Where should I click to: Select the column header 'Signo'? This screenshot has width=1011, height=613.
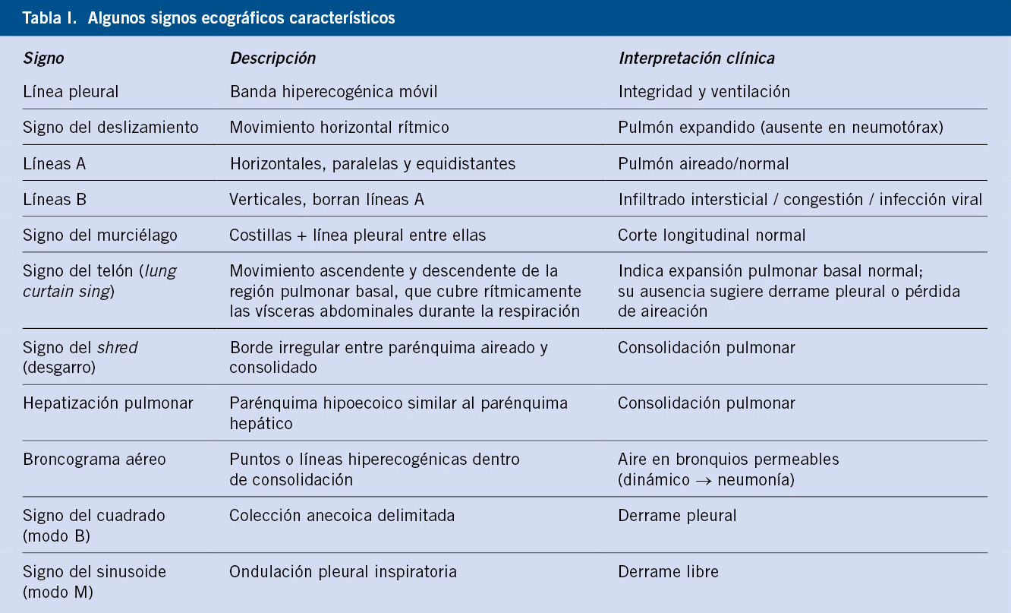(x=43, y=58)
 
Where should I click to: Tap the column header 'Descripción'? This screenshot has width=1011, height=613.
(x=272, y=58)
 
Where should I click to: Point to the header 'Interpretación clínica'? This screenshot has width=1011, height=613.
(x=696, y=58)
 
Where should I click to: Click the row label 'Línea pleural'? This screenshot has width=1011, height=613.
(x=71, y=92)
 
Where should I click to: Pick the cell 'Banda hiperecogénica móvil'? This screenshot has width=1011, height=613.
(x=333, y=92)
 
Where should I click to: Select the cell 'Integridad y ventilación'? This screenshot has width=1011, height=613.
(x=704, y=92)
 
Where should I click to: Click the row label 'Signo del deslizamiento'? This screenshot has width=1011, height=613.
(x=111, y=128)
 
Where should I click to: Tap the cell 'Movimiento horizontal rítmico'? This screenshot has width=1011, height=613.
(x=339, y=128)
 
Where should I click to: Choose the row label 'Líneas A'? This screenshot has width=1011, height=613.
(x=54, y=163)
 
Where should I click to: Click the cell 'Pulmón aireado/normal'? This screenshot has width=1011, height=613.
(x=704, y=163)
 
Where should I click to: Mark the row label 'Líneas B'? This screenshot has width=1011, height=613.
(x=55, y=199)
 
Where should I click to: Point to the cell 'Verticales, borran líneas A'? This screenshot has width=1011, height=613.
(x=326, y=199)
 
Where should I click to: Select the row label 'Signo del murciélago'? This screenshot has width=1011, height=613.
(x=100, y=235)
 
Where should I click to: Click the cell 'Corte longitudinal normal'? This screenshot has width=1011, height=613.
(x=711, y=235)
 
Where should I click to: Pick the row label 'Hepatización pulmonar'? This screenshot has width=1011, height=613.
(x=108, y=403)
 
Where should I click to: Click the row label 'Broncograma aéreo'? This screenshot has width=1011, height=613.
(x=94, y=460)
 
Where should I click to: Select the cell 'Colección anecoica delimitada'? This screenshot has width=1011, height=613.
(x=342, y=516)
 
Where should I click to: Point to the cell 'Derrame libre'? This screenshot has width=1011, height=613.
(x=668, y=571)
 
